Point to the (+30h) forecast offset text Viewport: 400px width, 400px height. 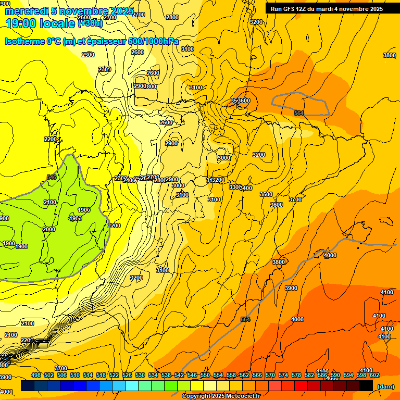click(91, 23)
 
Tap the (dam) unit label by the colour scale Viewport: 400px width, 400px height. click(385, 386)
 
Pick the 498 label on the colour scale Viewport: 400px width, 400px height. click(36, 375)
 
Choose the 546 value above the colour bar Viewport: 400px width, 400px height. click(192, 375)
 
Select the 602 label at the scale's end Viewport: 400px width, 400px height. click(374, 375)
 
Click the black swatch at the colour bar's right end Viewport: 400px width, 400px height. click(366, 386)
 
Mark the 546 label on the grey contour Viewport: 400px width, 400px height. click(52, 177)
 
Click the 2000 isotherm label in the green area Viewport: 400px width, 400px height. click(49, 229)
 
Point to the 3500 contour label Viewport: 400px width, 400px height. click(266, 194)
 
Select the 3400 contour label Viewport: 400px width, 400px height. click(246, 188)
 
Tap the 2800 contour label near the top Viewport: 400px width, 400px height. click(172, 17)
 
